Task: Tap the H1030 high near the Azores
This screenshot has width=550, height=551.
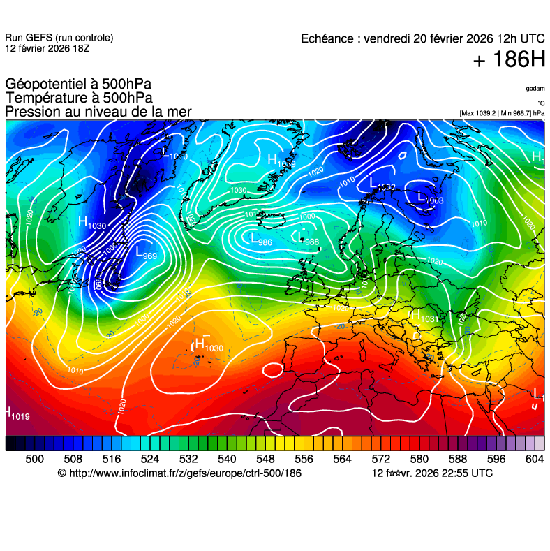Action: click(x=209, y=345)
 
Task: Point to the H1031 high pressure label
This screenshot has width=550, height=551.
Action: click(x=424, y=316)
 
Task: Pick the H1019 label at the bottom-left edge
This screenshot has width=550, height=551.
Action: click(x=17, y=414)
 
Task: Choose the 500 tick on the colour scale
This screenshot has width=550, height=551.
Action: click(x=34, y=459)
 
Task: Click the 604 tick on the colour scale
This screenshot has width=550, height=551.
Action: click(x=535, y=459)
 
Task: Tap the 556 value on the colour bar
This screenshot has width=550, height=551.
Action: click(x=303, y=459)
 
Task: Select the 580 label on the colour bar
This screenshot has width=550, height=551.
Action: click(x=419, y=459)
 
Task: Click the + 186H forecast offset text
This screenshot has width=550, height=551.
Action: click(x=508, y=60)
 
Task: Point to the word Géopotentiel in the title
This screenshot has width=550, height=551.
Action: click(x=46, y=85)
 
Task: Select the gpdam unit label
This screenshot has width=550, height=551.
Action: click(x=535, y=89)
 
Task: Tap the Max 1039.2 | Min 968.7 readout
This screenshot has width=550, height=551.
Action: click(x=502, y=113)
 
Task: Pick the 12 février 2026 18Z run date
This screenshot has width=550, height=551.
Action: click(x=47, y=48)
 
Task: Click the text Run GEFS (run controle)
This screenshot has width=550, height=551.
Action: click(x=59, y=38)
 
